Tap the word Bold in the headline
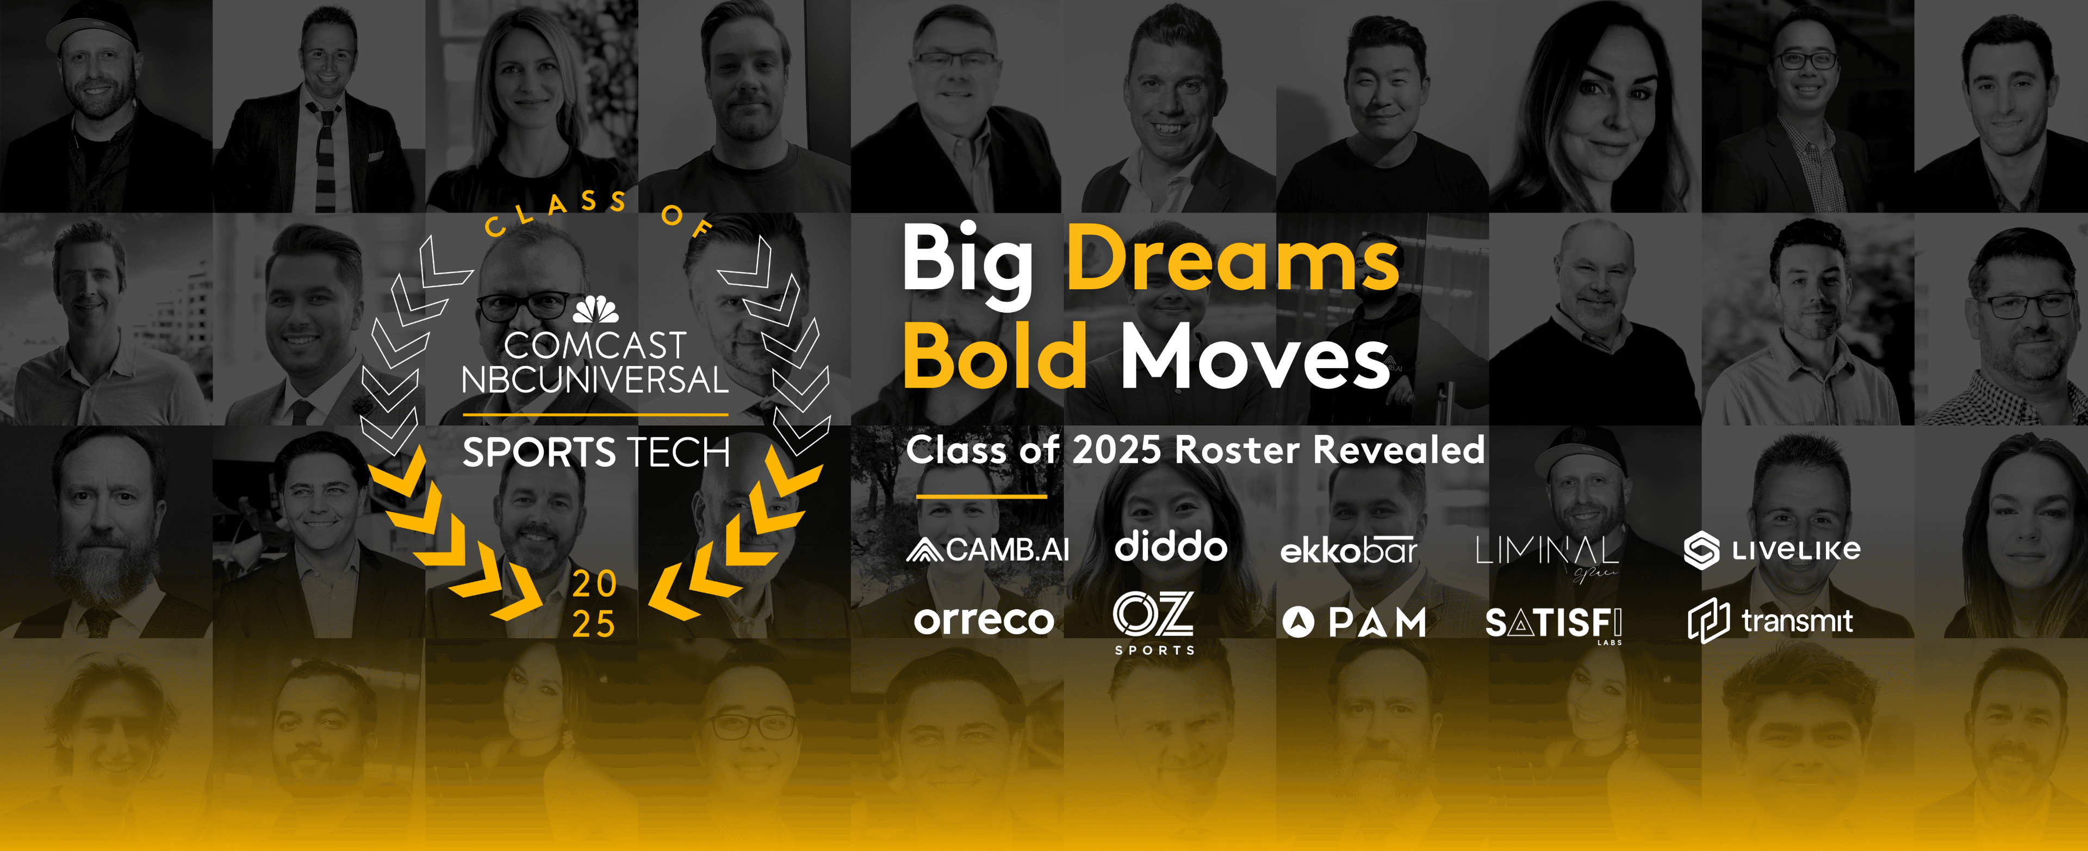click(x=996, y=357)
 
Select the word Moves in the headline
click(x=1255, y=357)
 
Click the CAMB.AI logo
click(x=987, y=550)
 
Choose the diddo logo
click(x=1171, y=547)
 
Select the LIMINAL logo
click(x=1546, y=554)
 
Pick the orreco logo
click(x=983, y=621)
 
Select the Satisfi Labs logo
click(x=1553, y=624)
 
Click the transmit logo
click(x=1771, y=622)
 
